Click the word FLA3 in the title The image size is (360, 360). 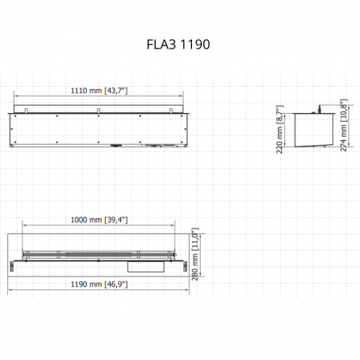(x=161, y=45)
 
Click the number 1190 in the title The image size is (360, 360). (x=195, y=45)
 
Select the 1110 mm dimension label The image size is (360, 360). (x=99, y=91)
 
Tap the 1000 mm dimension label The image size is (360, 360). (x=99, y=220)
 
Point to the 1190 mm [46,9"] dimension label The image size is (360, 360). (x=99, y=284)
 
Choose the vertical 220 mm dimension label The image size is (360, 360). (x=280, y=129)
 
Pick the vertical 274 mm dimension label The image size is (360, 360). (x=344, y=125)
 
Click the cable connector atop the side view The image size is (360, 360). (x=319, y=109)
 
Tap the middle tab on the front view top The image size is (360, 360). (x=98, y=111)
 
